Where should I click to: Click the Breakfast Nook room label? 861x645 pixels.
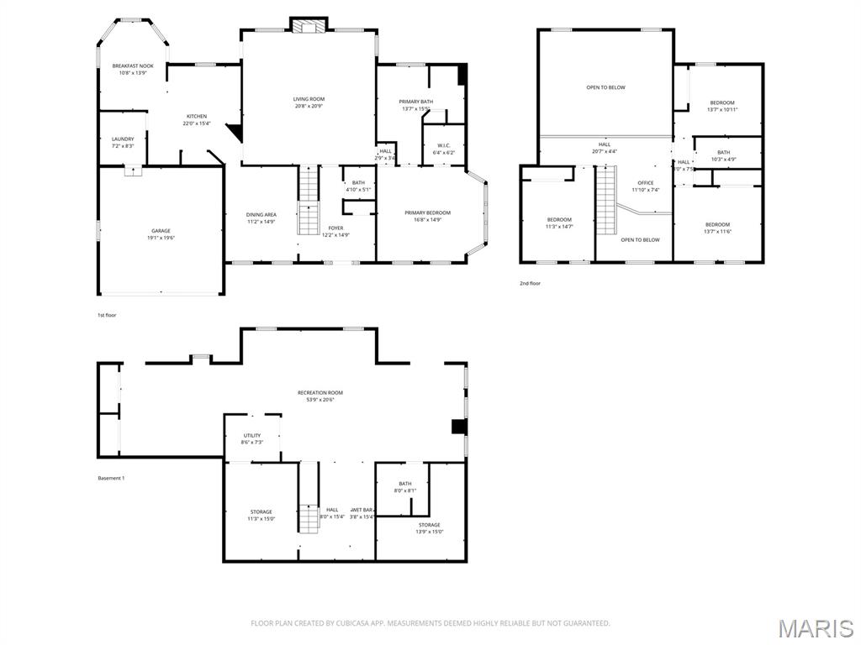coord(133,66)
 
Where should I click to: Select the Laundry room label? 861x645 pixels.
coord(123,139)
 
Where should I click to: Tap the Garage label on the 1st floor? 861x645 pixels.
coord(161,231)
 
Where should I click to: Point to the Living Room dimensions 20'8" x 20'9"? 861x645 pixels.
coord(309,107)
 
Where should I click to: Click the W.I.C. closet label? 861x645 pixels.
coord(444,145)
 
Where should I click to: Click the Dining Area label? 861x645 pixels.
coord(261,214)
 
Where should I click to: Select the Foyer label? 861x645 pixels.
coord(335,228)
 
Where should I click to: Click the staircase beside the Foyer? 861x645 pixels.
coord(309,202)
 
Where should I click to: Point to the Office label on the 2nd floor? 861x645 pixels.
coord(645,183)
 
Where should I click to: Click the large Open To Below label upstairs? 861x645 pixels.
coord(605,87)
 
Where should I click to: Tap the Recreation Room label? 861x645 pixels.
coord(320,393)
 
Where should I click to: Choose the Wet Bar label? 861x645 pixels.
coord(362,510)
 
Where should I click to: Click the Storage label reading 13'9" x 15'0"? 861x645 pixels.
coord(430,525)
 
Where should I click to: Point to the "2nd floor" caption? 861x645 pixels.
coord(530,283)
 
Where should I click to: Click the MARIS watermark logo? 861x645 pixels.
coord(816,628)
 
